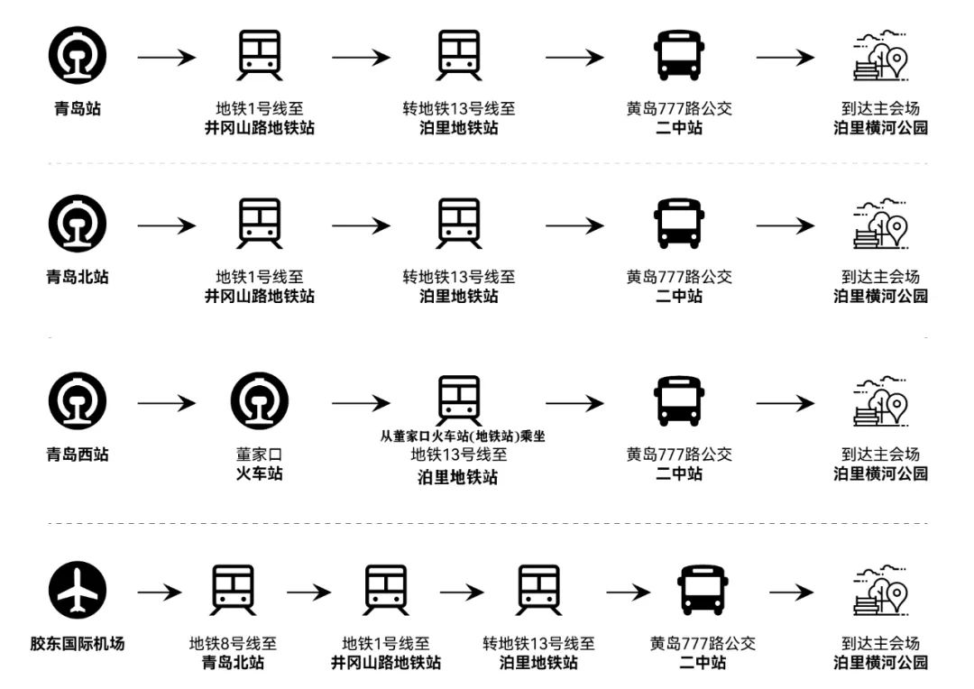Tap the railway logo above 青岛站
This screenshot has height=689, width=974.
[x=77, y=56]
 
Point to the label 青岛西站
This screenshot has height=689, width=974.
[x=77, y=455]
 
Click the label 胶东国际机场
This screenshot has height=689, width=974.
[x=77, y=644]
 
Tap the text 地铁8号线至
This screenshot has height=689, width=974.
[x=233, y=644]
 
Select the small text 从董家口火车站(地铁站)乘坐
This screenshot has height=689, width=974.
[x=463, y=436]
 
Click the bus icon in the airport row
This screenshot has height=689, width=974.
[x=702, y=592]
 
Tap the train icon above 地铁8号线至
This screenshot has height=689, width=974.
[x=233, y=592]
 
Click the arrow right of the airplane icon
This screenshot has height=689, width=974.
[x=160, y=593]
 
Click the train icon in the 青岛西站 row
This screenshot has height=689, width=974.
[x=460, y=400]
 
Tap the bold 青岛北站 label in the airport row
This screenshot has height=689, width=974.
[x=233, y=663]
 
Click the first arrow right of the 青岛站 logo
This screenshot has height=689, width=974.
[x=167, y=58]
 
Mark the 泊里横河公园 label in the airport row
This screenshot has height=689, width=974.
[x=880, y=663]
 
